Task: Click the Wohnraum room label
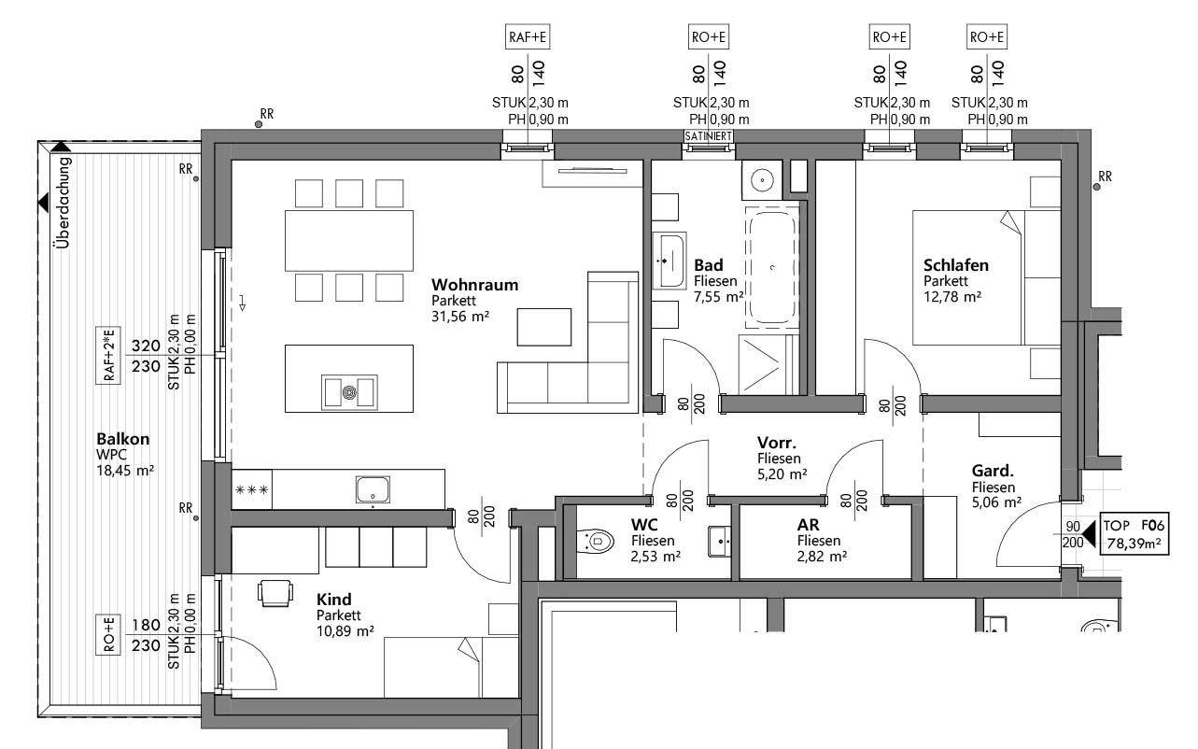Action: coord(474,285)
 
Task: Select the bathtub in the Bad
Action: coord(771,268)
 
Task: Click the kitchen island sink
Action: coord(350,391)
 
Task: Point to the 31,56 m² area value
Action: coord(460,317)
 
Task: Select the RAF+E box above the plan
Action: coord(527,37)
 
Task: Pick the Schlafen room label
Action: coord(955,265)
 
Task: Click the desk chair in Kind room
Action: coord(275,592)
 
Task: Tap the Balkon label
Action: coord(122,439)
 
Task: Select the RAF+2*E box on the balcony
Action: coord(110,355)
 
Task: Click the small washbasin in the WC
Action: coord(718,540)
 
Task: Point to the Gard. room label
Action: coord(993,471)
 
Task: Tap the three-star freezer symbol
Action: coord(251,489)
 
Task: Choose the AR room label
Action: coord(808,525)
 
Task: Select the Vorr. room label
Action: coord(776,443)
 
